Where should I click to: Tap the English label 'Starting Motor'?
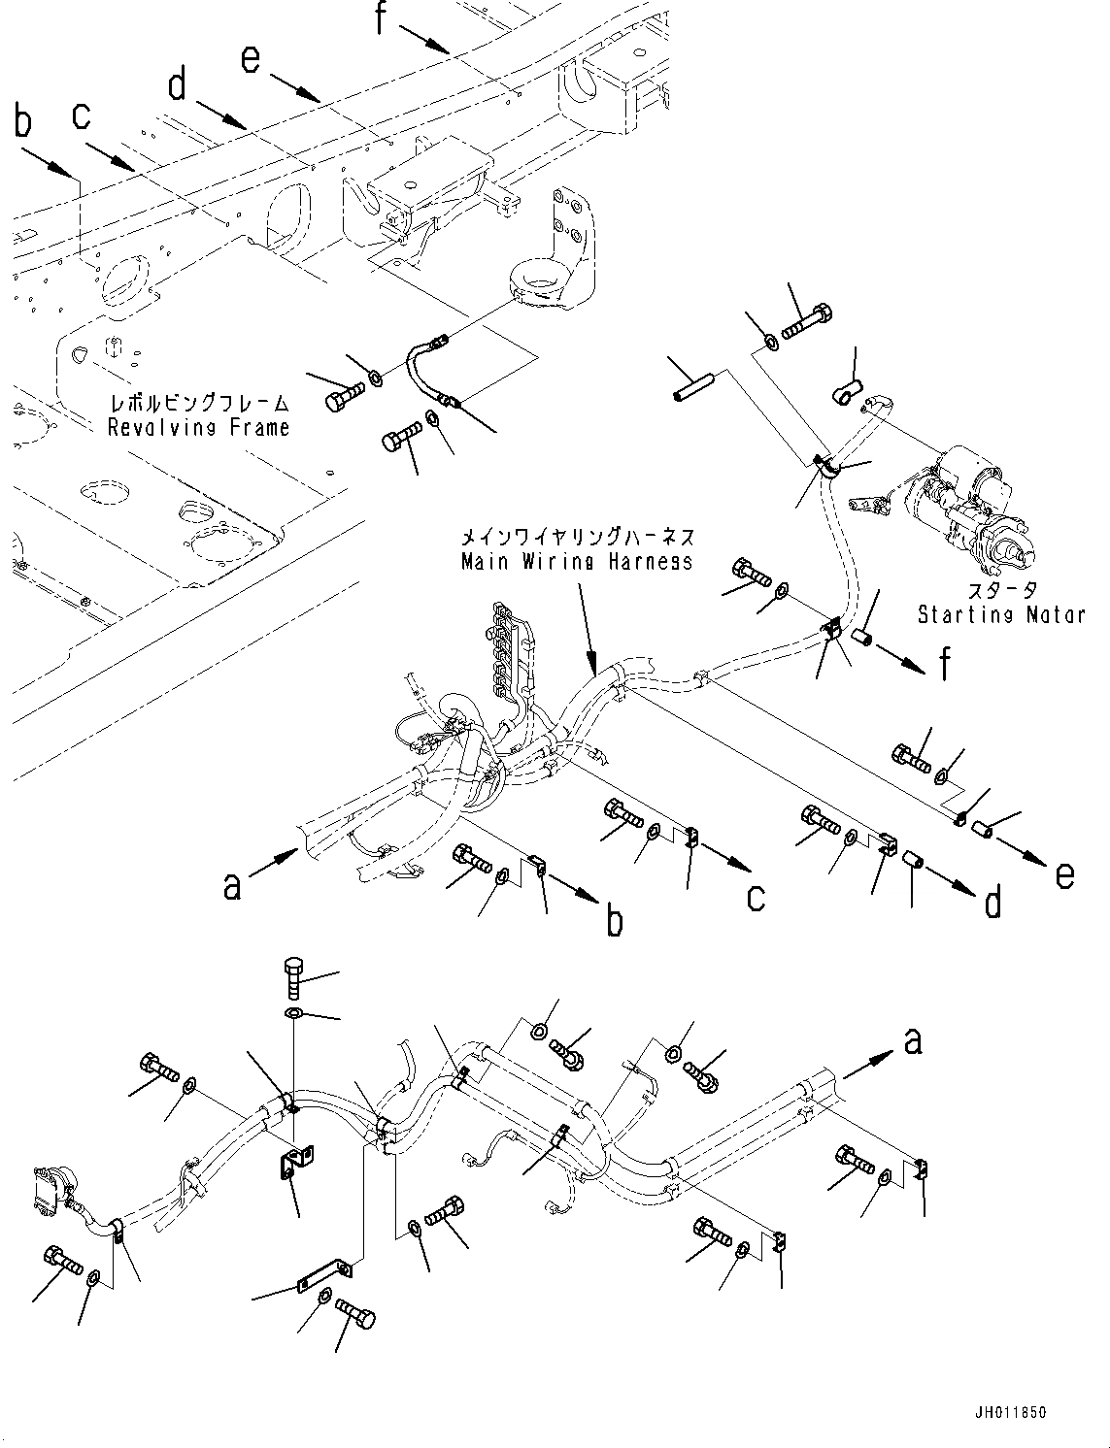pos(1000,613)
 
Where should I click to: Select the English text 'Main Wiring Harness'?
pos(577,561)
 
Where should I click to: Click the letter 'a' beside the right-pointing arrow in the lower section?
pos(911,1042)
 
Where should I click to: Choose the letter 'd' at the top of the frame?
pos(177,85)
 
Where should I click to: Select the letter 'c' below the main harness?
pos(756,897)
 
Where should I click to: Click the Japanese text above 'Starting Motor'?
pos(1002,590)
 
